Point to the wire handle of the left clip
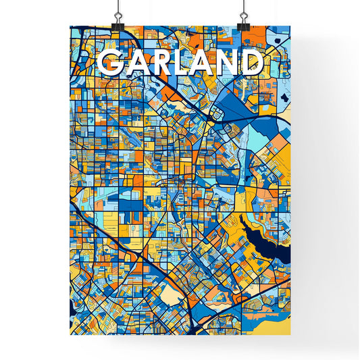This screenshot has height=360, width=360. pos(118,11)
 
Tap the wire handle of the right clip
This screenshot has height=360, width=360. pos(243,11)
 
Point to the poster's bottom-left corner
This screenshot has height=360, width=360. pos(71,335)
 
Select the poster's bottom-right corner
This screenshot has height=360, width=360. pos(290,335)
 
